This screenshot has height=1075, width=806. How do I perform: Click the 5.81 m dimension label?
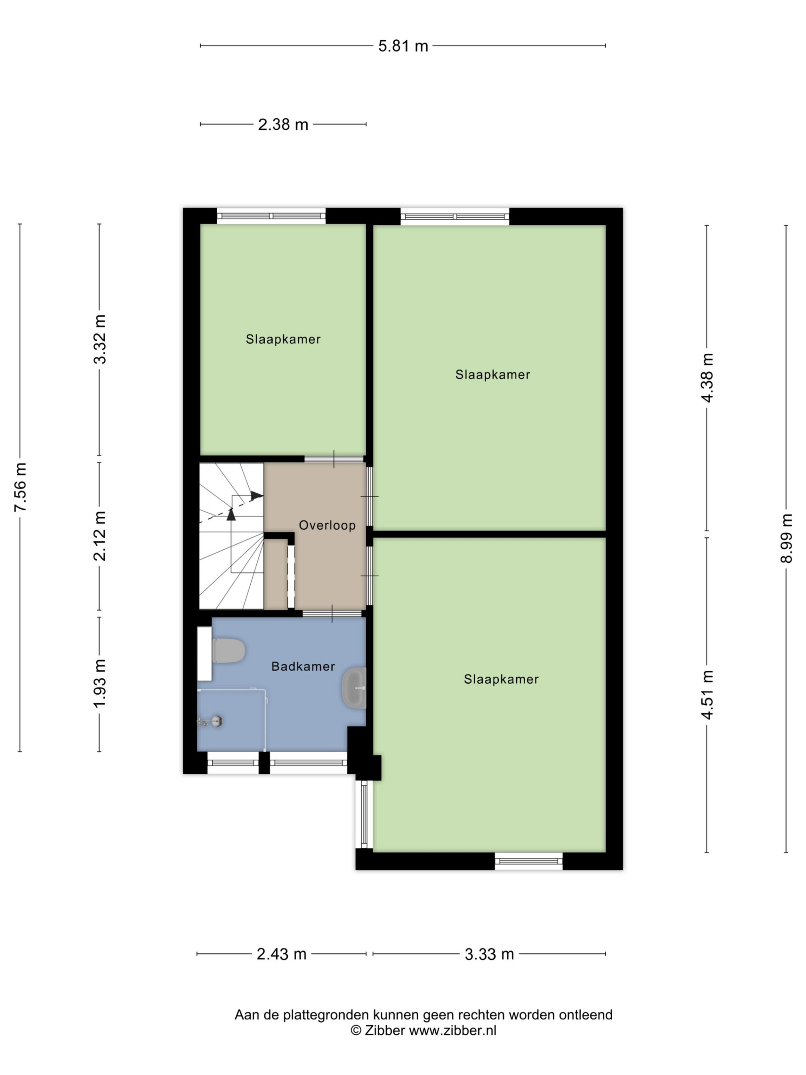click(x=403, y=46)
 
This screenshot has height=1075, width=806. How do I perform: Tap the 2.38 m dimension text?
click(x=283, y=125)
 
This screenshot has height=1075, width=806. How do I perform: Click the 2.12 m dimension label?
click(x=100, y=536)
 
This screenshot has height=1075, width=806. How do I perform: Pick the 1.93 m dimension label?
click(x=100, y=683)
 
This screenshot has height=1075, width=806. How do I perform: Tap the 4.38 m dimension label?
click(x=707, y=378)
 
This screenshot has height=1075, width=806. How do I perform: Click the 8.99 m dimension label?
click(x=786, y=539)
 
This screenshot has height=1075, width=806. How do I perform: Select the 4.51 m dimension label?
click(x=707, y=694)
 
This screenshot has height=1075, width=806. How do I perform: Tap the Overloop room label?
click(x=327, y=525)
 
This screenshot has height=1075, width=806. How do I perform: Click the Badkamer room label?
click(x=303, y=666)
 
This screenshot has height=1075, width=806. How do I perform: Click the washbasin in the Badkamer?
click(x=354, y=688)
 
